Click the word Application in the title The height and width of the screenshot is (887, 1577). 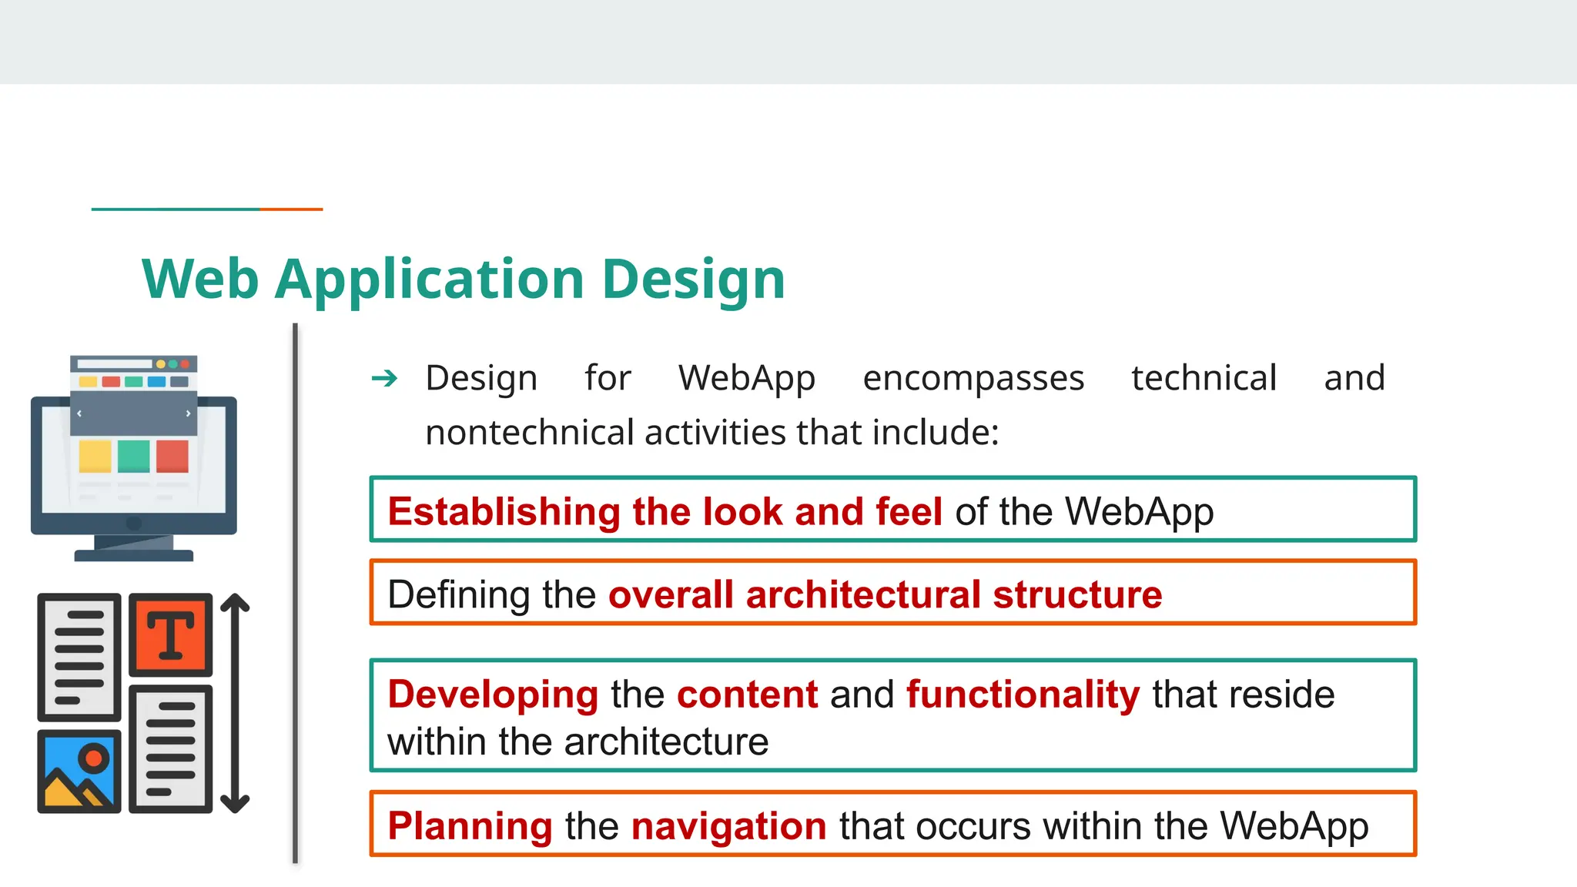point(430,279)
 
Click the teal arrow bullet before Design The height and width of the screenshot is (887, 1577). point(384,378)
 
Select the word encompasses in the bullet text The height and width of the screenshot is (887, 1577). point(973,378)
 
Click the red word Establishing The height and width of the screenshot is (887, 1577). point(504,511)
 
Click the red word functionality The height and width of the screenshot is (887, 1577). point(1023,694)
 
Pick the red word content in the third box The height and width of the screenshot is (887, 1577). point(747,694)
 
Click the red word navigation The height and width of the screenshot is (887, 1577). point(728,825)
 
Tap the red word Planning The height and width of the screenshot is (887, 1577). point(470,825)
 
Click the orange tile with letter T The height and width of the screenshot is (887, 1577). point(170,635)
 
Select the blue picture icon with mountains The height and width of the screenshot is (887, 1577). point(79,771)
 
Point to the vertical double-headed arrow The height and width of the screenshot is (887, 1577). point(235,703)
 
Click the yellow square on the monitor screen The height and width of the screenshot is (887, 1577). point(95,456)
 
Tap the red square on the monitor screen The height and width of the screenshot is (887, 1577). point(172,456)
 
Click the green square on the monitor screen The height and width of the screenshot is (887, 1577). point(134,456)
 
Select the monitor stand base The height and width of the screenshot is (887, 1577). point(134,554)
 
